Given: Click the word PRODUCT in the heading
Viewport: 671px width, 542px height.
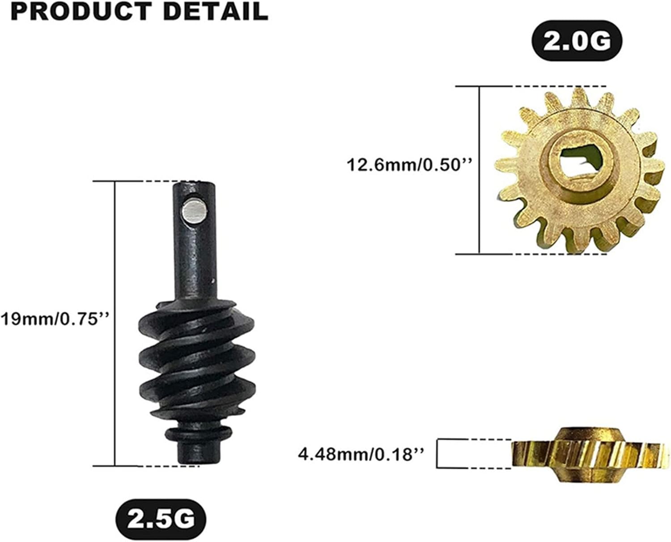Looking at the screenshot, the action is pos(81,12).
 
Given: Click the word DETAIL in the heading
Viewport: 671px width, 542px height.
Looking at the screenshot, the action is pos(216,12).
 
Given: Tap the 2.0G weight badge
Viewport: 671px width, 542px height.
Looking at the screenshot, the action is pos(577,41).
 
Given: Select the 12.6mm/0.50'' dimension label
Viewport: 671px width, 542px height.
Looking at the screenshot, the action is pos(410,164).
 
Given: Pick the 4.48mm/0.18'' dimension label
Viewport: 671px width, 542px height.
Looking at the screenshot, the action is pos(361,454).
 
